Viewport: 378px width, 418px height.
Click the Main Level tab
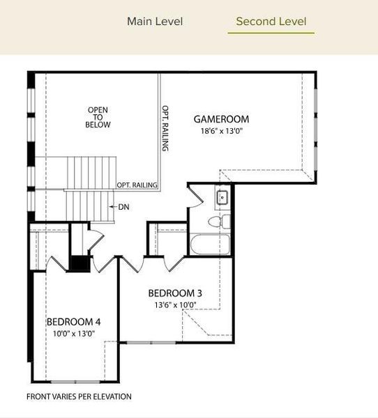coord(155,22)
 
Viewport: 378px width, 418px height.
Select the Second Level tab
coord(271,22)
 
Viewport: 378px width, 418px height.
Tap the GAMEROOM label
coord(221,119)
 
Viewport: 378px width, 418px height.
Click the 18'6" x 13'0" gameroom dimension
coord(222,130)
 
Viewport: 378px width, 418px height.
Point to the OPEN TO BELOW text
coord(98,117)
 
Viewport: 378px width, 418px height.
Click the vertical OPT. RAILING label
coord(166,129)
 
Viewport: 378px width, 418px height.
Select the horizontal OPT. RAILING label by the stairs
coord(137,185)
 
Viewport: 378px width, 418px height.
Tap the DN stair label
coord(123,207)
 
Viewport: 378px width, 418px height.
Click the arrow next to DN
coord(113,207)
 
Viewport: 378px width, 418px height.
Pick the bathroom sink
coord(222,198)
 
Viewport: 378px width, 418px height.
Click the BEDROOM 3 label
coord(175,293)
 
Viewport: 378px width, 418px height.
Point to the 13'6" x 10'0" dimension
coord(175,304)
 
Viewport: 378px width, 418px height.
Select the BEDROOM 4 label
coord(74,322)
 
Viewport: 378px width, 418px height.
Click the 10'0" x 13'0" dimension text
coord(74,333)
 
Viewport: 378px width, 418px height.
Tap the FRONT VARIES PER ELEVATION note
coord(79,396)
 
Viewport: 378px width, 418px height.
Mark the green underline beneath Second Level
coord(271,33)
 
